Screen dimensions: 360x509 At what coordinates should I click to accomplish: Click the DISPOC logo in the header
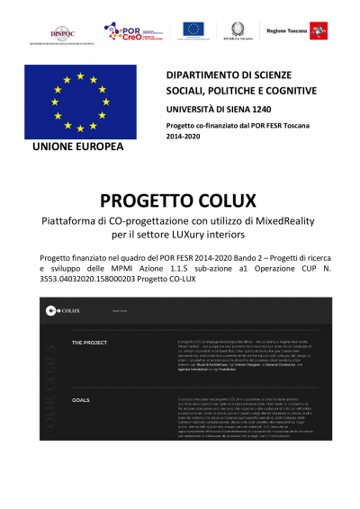click(63, 31)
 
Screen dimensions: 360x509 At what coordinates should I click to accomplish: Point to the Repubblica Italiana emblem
click(238, 29)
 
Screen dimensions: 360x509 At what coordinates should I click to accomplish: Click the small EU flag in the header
click(195, 30)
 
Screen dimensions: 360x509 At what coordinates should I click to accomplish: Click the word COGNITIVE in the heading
click(286, 90)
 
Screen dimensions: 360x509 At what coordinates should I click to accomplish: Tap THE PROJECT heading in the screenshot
click(90, 343)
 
